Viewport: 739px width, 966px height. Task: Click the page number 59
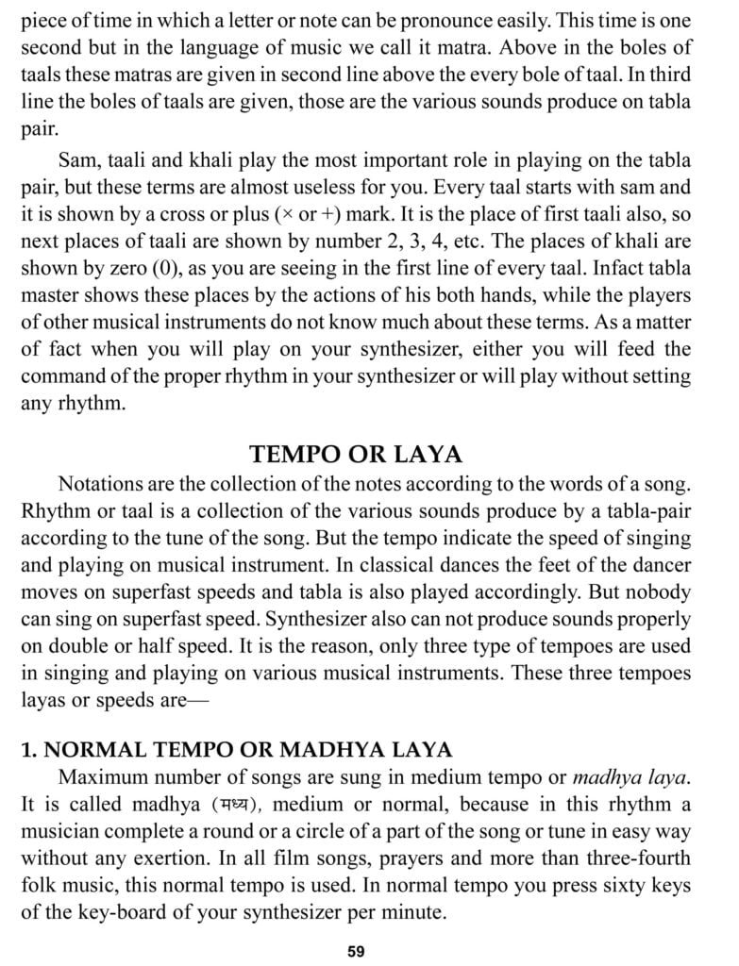(356, 951)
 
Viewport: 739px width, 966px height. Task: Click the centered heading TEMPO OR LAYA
(356, 455)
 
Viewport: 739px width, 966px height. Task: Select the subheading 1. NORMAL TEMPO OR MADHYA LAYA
(237, 750)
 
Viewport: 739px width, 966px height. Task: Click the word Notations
(106, 484)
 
